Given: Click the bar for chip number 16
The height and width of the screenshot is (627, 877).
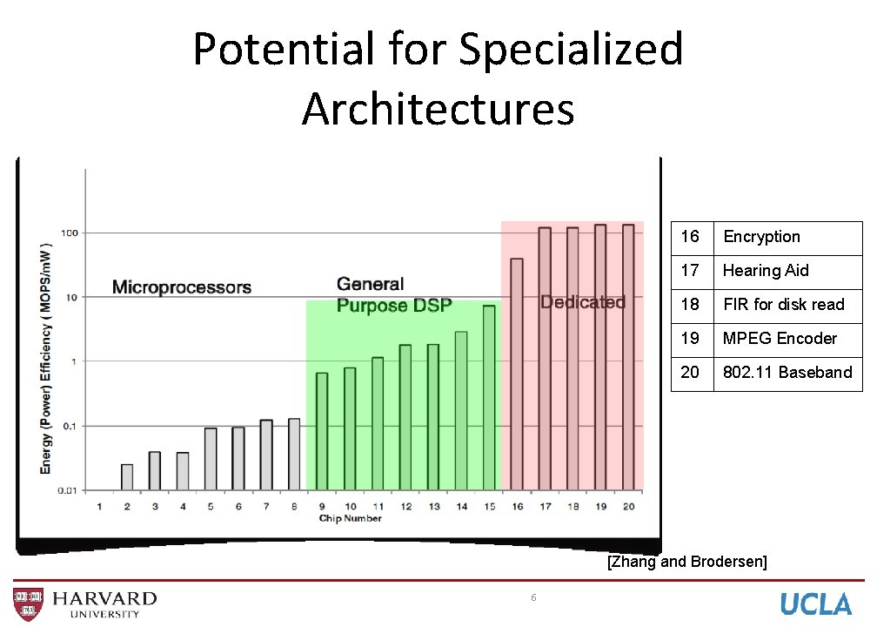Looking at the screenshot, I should point(517,374).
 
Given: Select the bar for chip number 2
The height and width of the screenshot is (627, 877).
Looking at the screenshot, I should point(127,477).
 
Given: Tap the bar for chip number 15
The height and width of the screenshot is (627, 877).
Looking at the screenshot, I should point(489,397).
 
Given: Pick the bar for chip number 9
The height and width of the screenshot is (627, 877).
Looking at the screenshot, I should point(322,431).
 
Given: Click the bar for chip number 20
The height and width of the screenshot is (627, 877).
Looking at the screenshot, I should point(628,357).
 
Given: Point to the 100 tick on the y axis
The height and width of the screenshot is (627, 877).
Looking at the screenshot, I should point(69,233).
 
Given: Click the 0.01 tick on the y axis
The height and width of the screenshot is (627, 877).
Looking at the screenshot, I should point(67,490).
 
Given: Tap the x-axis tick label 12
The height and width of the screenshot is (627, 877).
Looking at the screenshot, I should point(405,507).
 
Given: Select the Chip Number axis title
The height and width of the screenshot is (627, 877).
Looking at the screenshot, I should point(350,519).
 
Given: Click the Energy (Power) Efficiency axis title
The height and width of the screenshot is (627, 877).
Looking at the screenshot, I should point(46,357).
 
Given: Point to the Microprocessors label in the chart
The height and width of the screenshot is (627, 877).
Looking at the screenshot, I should point(182,287).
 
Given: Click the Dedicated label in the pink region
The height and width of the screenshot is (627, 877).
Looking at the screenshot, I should point(583,302).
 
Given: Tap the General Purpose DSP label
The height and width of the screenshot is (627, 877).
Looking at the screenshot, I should point(394,294).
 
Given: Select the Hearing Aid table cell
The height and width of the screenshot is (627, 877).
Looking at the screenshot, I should point(766,271).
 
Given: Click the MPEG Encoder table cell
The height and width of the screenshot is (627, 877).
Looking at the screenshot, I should point(780,339).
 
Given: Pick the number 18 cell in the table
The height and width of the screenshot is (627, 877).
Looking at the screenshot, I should point(691,305).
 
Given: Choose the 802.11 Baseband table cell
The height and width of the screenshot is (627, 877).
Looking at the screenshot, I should point(787,373).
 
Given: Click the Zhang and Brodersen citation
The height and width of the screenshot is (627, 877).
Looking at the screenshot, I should point(686,562).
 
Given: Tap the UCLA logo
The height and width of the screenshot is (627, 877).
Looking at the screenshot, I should point(815,603).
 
